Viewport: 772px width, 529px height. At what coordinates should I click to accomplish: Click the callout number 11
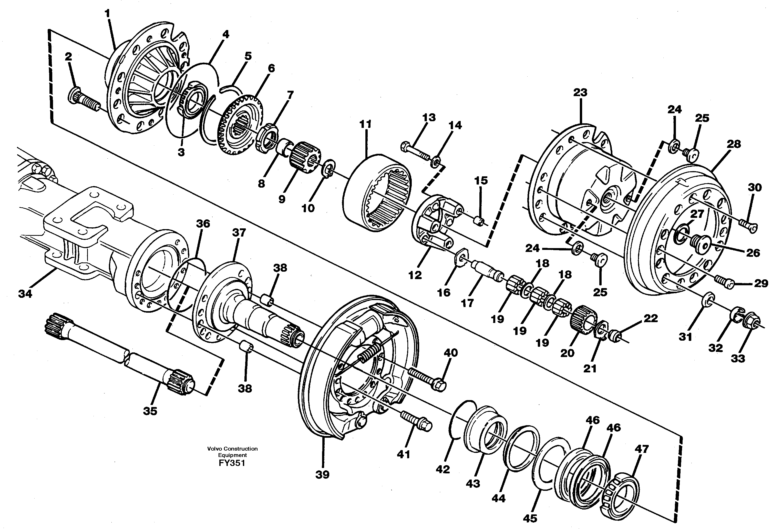coord(365,125)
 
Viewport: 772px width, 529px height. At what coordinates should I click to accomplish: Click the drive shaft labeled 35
coord(120,355)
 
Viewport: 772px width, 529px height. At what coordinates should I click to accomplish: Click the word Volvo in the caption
coord(214,449)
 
